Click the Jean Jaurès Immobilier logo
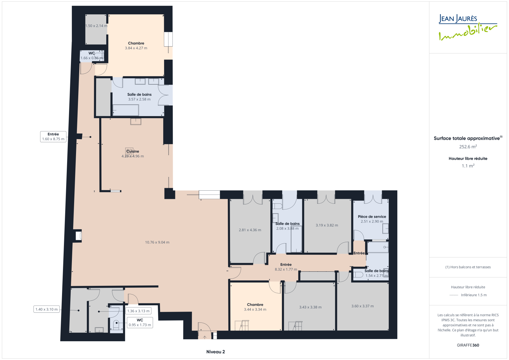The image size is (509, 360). tap(468, 27)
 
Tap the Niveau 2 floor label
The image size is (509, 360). tap(215, 352)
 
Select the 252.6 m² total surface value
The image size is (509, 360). tap(468, 147)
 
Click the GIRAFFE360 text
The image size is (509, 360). tap(468, 345)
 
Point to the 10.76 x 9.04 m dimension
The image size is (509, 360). tap(157, 243)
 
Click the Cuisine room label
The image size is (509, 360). tap(133, 151)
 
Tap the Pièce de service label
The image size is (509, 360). tap(372, 217)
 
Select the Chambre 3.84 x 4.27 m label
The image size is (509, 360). tap(136, 46)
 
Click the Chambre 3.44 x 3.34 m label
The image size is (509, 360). tap(255, 307)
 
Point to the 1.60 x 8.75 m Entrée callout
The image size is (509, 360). tap(53, 137)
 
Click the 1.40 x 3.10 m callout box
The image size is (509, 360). tap(46, 309)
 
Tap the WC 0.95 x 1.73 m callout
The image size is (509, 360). tap(140, 322)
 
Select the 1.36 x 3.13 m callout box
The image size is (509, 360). tap(138, 311)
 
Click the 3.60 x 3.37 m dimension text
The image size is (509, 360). tap(362, 306)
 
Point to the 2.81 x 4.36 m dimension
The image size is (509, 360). tap(250, 230)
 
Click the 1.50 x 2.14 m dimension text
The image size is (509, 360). tap(96, 26)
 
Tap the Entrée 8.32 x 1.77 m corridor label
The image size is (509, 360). tap(286, 267)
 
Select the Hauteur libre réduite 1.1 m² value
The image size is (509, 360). tap(468, 166)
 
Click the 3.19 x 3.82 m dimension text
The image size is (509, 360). tap(327, 225)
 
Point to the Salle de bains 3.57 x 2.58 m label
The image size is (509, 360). tap(139, 97)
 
